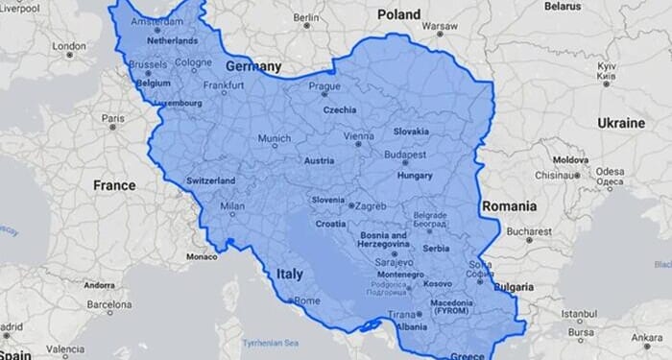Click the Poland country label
[x=398, y=14]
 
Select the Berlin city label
[x=306, y=16]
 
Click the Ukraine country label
[x=621, y=123]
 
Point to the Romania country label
[x=509, y=205]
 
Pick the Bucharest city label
[x=530, y=231]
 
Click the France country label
[x=114, y=184]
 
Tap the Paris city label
[x=113, y=117]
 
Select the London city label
[x=69, y=45]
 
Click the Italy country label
[x=289, y=274]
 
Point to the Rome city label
[x=306, y=300]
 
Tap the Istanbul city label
[x=580, y=313]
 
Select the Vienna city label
[x=358, y=136]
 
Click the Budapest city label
[x=404, y=154]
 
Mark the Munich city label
[x=274, y=139]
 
